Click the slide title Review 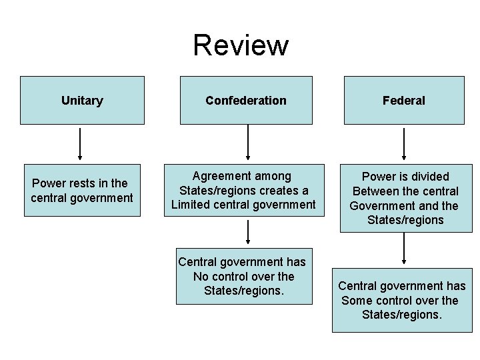tap(241, 45)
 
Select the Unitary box tap(82, 101)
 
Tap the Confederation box tap(246, 101)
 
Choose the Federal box tap(404, 101)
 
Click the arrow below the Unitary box tap(80, 143)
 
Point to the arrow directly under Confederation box tap(248, 143)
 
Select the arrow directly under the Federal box tap(404, 143)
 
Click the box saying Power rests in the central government tap(82, 191)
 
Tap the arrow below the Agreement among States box tap(248, 232)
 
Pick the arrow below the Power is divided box tap(404, 250)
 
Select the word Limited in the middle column tap(192, 205)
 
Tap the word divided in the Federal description tap(428, 177)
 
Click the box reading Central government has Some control tap(402, 301)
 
